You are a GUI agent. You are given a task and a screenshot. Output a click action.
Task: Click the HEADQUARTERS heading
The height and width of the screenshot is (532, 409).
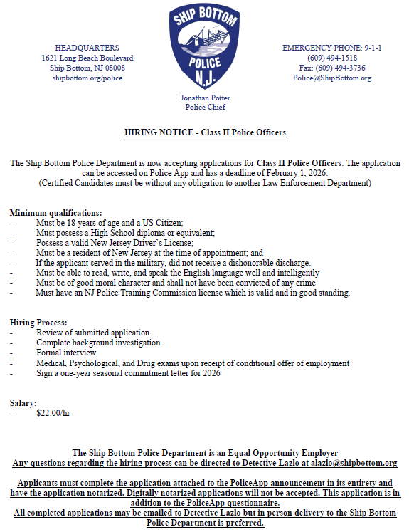[x=87, y=48]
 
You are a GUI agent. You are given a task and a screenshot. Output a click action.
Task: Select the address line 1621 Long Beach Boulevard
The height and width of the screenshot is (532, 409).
[x=87, y=58]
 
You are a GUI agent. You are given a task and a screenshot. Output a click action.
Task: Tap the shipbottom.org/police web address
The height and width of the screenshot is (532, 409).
[x=87, y=78]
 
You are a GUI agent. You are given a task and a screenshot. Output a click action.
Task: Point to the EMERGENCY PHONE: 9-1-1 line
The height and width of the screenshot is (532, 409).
[x=332, y=48]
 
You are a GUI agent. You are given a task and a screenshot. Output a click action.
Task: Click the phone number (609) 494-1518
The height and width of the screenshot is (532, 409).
[x=332, y=58]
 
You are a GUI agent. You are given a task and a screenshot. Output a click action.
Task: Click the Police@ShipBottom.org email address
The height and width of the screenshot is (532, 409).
[x=332, y=78]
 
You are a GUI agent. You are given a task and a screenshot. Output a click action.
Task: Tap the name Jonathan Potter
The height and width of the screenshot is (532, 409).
[x=205, y=98]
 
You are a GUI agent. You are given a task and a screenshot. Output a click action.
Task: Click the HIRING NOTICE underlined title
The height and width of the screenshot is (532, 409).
[x=205, y=133]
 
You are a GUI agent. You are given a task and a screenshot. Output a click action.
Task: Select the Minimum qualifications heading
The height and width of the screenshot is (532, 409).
[x=56, y=213]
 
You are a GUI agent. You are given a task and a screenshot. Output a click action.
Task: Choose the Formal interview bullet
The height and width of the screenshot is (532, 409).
[x=67, y=353]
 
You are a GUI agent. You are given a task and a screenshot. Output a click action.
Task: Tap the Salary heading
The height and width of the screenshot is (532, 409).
[x=23, y=402]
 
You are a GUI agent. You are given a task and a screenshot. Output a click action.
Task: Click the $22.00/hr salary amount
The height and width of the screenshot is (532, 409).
[x=53, y=412]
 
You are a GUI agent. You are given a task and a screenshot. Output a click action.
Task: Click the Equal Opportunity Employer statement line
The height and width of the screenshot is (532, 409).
[x=205, y=453]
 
